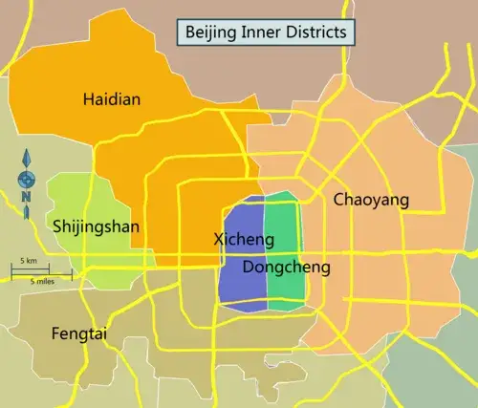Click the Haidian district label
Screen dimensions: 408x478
[x=112, y=99]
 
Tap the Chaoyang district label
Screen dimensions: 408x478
[x=371, y=200]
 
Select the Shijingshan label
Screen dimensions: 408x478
[x=96, y=226]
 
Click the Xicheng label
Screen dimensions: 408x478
[x=239, y=239]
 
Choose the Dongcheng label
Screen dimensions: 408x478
[x=286, y=268]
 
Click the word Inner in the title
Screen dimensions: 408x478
[x=260, y=32]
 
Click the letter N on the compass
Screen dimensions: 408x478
[x=26, y=198]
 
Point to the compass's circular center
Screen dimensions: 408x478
[x=26, y=178]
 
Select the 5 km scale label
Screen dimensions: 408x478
[x=30, y=261]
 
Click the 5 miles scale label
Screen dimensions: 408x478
[x=41, y=282]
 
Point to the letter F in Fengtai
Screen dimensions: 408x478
[x=55, y=333]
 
